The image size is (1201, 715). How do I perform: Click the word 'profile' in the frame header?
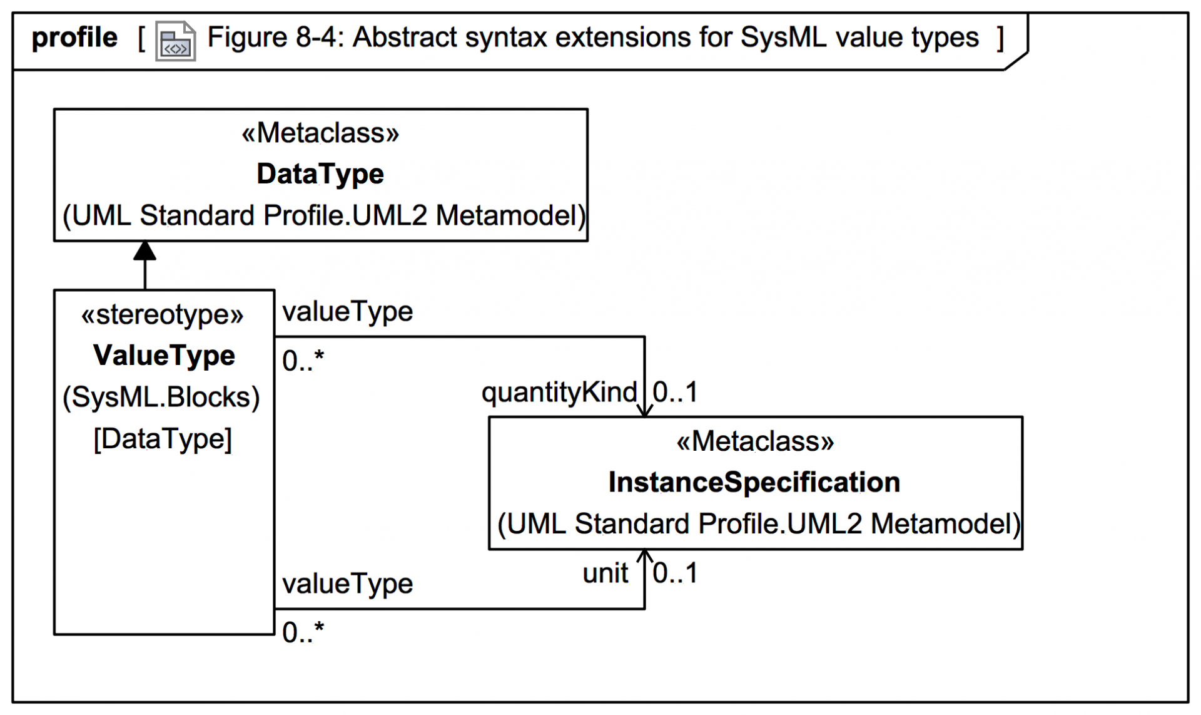click(x=74, y=38)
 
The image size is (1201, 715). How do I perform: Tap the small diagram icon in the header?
click(x=175, y=42)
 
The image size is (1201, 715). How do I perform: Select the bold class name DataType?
click(x=320, y=174)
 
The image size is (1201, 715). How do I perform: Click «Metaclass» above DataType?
click(x=320, y=133)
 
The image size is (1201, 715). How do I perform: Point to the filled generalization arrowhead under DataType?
click(x=144, y=251)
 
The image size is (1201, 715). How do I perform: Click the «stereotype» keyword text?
click(x=162, y=314)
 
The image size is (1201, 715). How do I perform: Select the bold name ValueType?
click(x=164, y=356)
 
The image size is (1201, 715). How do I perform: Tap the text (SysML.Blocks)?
click(x=161, y=397)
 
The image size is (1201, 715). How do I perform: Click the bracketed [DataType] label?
click(x=163, y=438)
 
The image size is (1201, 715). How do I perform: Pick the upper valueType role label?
click(x=347, y=311)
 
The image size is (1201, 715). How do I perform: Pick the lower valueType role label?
click(x=347, y=584)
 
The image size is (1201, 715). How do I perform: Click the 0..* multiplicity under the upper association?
click(x=303, y=361)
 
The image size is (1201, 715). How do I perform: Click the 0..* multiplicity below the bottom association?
click(x=303, y=632)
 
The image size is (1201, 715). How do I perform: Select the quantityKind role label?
click(x=559, y=393)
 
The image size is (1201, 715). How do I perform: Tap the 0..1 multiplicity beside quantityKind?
click(x=675, y=393)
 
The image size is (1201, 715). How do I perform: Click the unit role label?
click(x=605, y=573)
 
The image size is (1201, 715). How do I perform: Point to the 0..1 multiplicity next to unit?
click(x=675, y=573)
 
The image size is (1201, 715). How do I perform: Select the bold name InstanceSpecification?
click(x=754, y=483)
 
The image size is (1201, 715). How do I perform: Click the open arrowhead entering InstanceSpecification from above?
click(x=644, y=410)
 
